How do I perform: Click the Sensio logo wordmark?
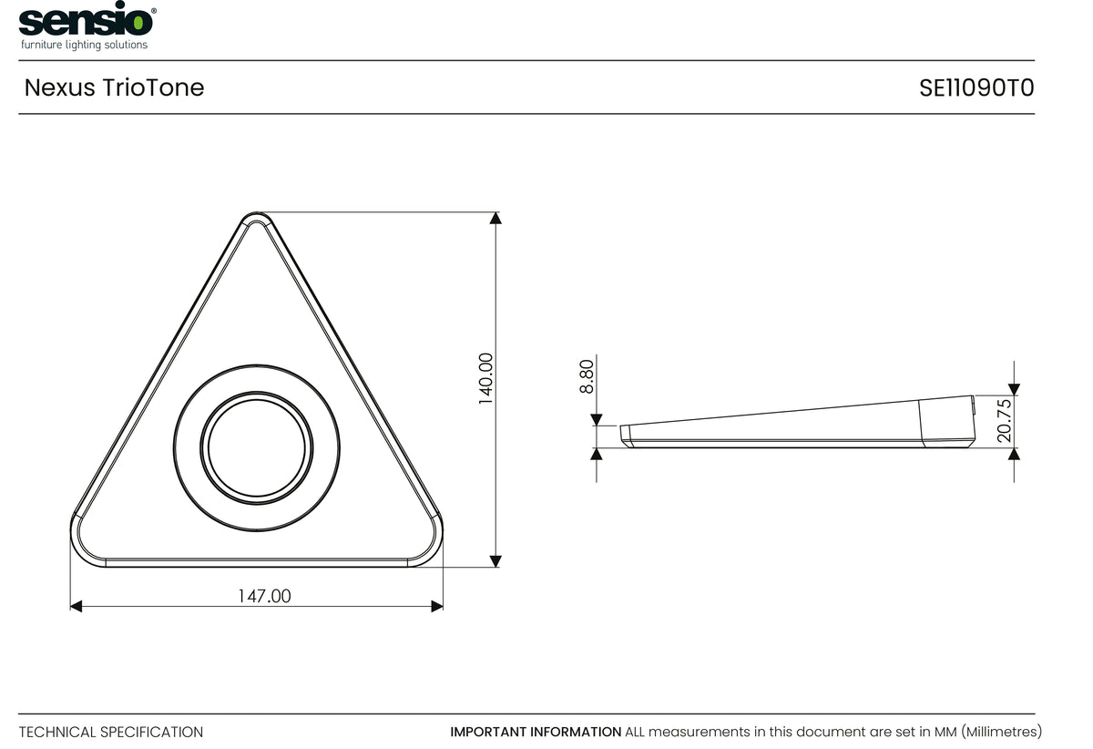coord(86,21)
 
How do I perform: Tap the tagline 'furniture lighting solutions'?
coord(84,45)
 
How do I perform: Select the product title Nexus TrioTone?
coord(114,87)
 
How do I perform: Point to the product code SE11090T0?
coord(976,88)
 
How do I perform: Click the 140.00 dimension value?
coord(486,379)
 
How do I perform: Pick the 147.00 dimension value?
coord(264,596)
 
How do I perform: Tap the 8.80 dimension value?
coord(587,376)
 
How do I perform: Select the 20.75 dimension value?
coord(1005,421)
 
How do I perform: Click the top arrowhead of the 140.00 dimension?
coord(495,218)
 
